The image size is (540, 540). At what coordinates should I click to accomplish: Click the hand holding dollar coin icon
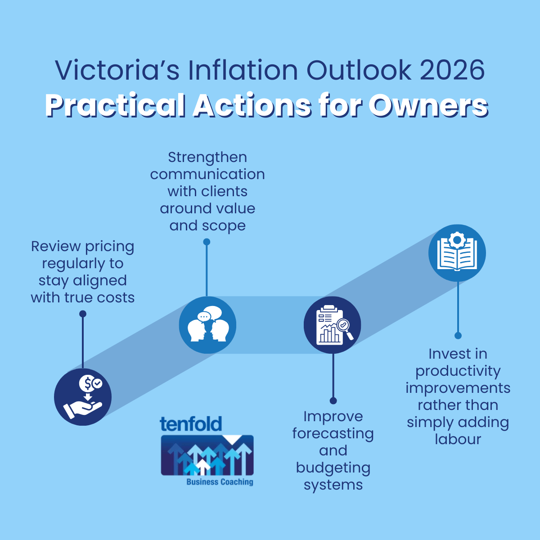click(83, 397)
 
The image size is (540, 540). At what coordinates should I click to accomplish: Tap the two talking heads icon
click(207, 325)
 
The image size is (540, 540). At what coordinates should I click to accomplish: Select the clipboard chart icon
click(333, 325)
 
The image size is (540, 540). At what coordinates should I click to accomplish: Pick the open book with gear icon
click(457, 253)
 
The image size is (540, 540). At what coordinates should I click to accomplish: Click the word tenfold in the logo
click(191, 424)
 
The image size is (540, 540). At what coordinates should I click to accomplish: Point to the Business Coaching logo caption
click(220, 482)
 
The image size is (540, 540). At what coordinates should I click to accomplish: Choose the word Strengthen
click(207, 157)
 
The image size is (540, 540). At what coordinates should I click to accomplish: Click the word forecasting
click(333, 434)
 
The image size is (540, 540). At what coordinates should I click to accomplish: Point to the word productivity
click(458, 371)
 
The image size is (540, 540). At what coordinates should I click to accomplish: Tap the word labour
click(458, 439)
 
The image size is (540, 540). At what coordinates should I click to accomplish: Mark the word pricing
click(109, 247)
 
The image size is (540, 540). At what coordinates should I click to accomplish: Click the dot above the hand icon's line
click(83, 314)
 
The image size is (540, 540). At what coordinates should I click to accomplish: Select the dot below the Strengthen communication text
click(207, 242)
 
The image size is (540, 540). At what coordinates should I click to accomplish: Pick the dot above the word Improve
click(333, 400)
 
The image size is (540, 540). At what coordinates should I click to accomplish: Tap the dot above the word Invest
click(458, 336)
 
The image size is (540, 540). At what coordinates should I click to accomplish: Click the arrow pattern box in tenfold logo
click(207, 455)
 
